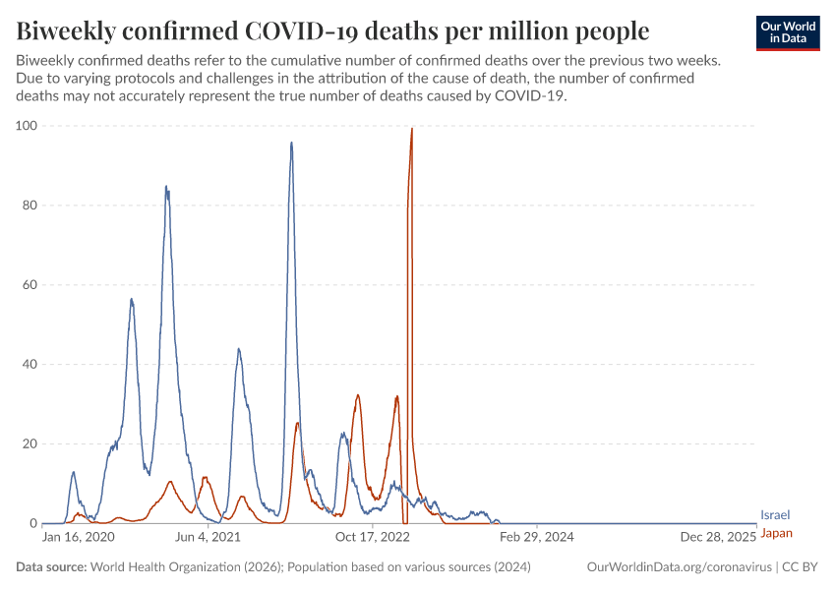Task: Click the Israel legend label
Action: (775, 514)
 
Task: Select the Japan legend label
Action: (776, 533)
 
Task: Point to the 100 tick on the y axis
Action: (26, 126)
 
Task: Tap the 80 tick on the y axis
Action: (29, 206)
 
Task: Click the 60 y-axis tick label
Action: (29, 285)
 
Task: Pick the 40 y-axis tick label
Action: (29, 365)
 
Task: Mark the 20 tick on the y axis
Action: (29, 443)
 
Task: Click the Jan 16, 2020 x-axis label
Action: (79, 538)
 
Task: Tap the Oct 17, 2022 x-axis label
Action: (372, 538)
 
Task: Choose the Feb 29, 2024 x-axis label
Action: (536, 538)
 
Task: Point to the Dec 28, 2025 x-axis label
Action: (722, 538)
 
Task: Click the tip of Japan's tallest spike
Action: (411, 129)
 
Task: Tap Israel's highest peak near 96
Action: (291, 144)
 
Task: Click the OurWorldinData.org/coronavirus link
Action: (679, 567)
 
